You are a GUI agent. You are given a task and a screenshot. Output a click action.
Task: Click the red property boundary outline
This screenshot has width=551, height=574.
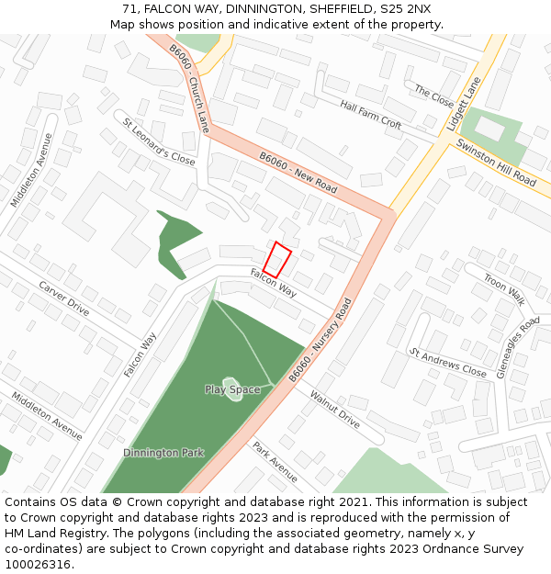pyautogui.click(x=276, y=260)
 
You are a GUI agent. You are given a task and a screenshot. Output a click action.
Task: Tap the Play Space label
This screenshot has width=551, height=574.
pyautogui.click(x=232, y=389)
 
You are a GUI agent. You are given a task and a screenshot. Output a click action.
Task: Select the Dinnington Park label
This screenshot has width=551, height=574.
pyautogui.click(x=163, y=453)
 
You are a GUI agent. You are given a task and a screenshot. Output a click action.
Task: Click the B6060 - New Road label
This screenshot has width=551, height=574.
pyautogui.click(x=298, y=172)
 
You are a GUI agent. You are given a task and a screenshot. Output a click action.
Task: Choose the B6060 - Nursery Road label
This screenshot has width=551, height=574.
pyautogui.click(x=320, y=340)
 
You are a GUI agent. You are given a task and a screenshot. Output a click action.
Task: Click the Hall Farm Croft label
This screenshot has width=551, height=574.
pyautogui.click(x=371, y=114)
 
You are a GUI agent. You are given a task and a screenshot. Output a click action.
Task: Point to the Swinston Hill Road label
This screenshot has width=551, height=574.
pyautogui.click(x=496, y=164)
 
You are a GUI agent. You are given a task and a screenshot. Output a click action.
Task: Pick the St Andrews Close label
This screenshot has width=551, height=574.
pyautogui.click(x=448, y=363)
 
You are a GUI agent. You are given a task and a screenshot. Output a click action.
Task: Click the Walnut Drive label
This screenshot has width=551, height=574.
pyautogui.click(x=334, y=410)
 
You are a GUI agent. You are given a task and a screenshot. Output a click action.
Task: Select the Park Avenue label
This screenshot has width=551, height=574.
pyautogui.click(x=275, y=461)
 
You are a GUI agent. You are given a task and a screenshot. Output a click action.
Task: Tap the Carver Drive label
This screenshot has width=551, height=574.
pyautogui.click(x=63, y=299)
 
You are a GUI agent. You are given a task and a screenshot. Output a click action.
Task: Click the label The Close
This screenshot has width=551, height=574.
pyautogui.click(x=434, y=96)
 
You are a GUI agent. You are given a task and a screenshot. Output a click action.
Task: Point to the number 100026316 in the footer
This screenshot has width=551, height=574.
pyautogui.click(x=38, y=564)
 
